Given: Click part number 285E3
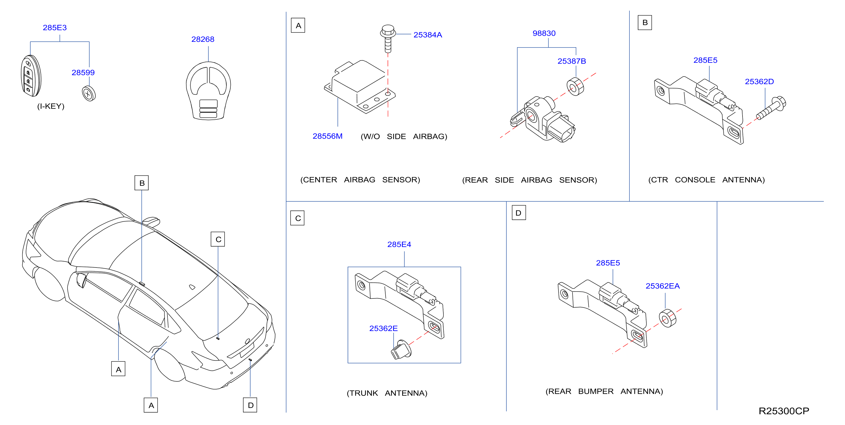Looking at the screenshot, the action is coord(55,27).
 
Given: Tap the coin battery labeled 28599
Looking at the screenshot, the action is coord(88,94).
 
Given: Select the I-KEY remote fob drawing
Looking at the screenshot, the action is coord(31,76).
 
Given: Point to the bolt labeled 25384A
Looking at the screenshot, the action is coord(388,38).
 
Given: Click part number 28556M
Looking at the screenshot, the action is coord(327,136).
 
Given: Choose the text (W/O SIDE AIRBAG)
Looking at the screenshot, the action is coord(404,137).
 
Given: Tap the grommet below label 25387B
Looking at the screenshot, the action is coord(575,87).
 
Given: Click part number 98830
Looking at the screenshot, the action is coord(544,34).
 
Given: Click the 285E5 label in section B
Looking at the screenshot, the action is coord(705,60).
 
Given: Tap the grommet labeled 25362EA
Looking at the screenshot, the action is coord(668,318).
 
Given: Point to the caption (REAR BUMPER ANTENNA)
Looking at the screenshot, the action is coord(604,391).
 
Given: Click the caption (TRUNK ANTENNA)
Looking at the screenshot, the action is coord(387,393).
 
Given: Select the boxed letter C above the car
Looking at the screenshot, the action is coord(218,239).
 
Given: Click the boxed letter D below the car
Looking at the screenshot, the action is coord(250,405).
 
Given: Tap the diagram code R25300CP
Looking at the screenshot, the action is coord(784,411).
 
